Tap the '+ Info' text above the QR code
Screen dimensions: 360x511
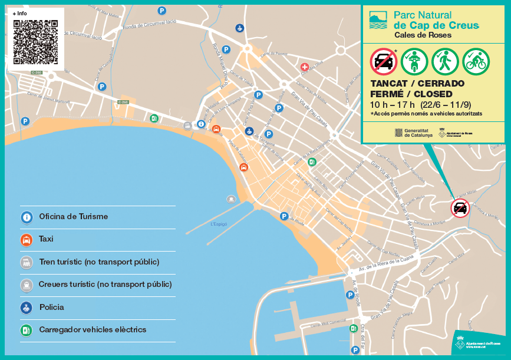click(19, 13)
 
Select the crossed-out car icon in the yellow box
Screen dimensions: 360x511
click(383, 61)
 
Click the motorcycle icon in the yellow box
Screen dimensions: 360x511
click(414, 61)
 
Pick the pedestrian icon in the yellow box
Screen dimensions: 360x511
click(444, 61)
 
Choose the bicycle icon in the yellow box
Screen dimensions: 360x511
click(475, 61)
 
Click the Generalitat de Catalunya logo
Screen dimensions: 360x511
click(413, 133)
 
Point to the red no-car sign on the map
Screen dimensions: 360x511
click(460, 208)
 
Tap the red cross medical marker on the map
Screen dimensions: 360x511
click(305, 68)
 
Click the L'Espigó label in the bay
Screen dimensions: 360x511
click(219, 224)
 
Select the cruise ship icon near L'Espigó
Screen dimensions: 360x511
click(231, 199)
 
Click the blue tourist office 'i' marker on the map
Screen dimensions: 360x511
click(201, 124)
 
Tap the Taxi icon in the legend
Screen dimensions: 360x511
click(27, 240)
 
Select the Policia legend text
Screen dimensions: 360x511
click(51, 308)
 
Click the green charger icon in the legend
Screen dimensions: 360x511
click(27, 330)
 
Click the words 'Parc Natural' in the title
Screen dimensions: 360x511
click(422, 15)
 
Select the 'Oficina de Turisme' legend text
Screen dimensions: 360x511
click(73, 217)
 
